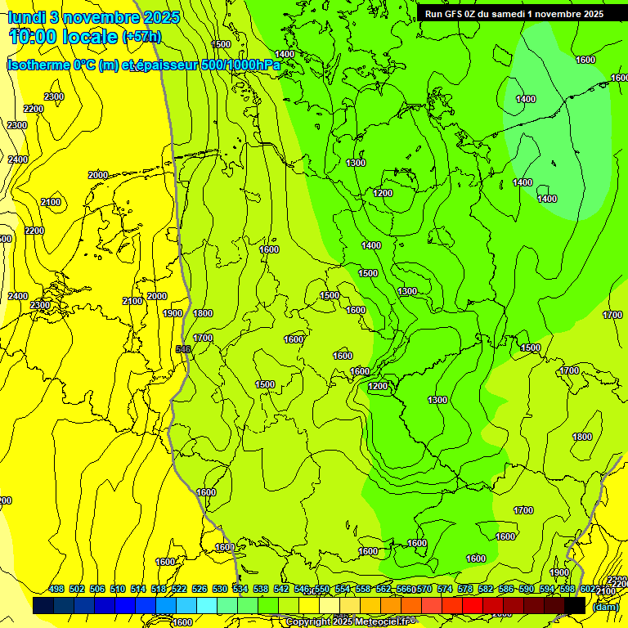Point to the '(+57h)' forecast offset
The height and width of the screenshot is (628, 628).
coord(141,37)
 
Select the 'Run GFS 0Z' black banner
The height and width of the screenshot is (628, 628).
coord(514,13)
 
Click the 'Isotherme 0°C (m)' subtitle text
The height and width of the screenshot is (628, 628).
coord(61,65)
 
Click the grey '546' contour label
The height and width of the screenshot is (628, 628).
coord(183,349)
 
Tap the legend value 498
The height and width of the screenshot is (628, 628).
coord(56,589)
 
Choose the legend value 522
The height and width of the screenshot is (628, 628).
coord(178,589)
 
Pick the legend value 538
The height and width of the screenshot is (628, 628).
coord(260,589)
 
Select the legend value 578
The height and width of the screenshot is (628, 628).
coord(465,589)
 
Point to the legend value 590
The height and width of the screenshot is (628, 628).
coord(527,589)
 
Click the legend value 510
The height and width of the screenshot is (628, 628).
coord(118,589)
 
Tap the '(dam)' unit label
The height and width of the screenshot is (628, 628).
coord(604,606)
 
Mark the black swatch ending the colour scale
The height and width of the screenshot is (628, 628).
coord(575,606)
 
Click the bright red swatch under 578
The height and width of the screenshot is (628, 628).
coord(473,606)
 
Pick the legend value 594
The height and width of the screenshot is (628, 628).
coord(547,589)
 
